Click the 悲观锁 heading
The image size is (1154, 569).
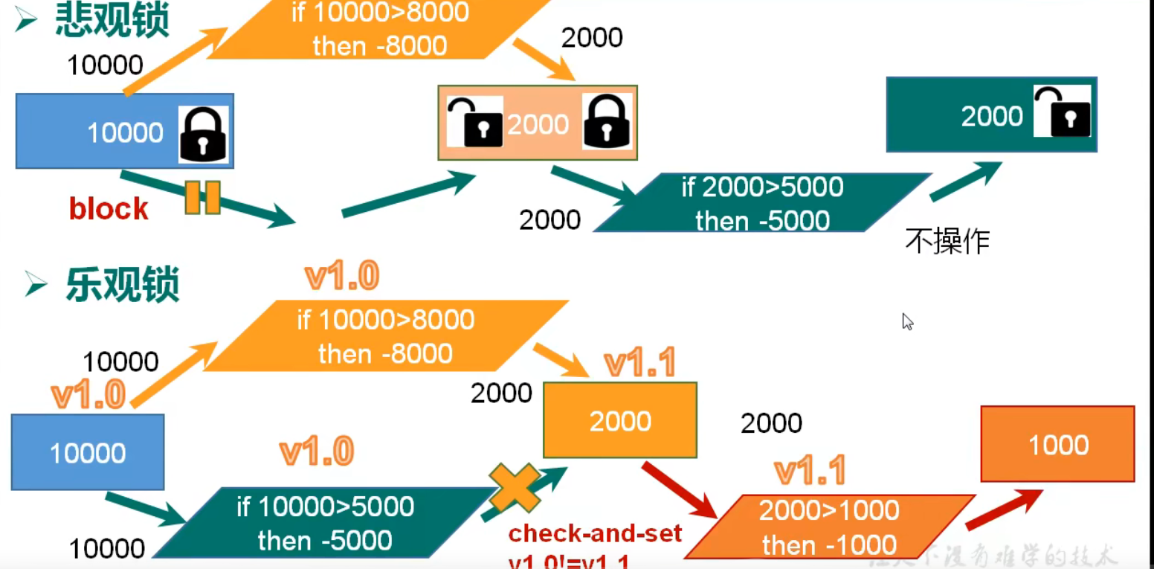[x=112, y=21]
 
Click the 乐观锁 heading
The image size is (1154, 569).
[x=122, y=284]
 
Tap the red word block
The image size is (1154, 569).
[x=109, y=209]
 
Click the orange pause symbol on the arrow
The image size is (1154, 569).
[x=202, y=197]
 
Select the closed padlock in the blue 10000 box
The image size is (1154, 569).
[x=203, y=134]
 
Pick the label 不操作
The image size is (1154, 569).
[x=947, y=241]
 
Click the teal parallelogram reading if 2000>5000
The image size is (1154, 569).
[x=762, y=203]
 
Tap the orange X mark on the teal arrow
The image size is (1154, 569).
[x=515, y=487]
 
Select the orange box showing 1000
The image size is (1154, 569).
[x=1057, y=445]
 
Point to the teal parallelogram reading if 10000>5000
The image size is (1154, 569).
[x=325, y=523]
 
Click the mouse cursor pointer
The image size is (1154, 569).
[x=907, y=321]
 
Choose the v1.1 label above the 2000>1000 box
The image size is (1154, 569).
[x=809, y=471]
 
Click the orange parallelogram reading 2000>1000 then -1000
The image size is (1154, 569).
[x=829, y=527]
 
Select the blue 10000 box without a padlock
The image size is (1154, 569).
[x=87, y=452]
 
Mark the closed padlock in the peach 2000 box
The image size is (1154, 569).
[x=607, y=121]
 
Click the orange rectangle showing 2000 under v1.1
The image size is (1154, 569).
[x=620, y=421]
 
